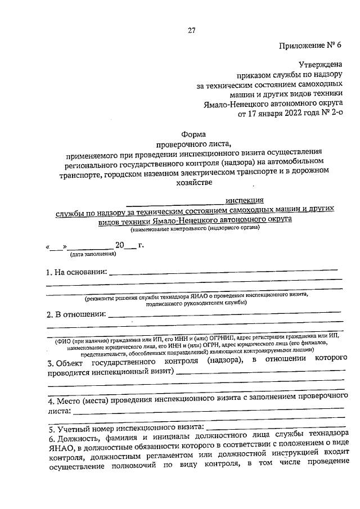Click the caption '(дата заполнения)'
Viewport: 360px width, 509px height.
click(93, 254)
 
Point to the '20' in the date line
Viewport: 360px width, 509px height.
click(120, 245)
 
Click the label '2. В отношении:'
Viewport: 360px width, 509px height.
click(75, 314)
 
